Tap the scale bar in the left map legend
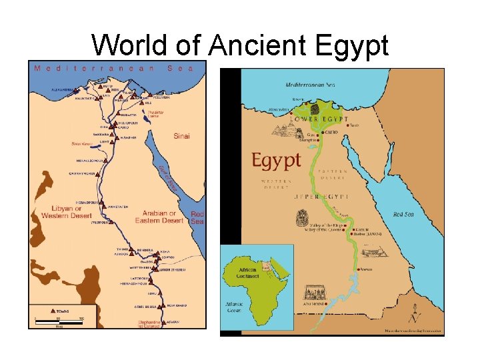click(59, 322)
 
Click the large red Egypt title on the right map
click(276, 161)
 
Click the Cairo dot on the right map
click(323, 133)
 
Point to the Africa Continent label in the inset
click(247, 273)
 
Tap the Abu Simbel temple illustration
click(313, 293)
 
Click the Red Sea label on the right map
click(403, 215)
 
